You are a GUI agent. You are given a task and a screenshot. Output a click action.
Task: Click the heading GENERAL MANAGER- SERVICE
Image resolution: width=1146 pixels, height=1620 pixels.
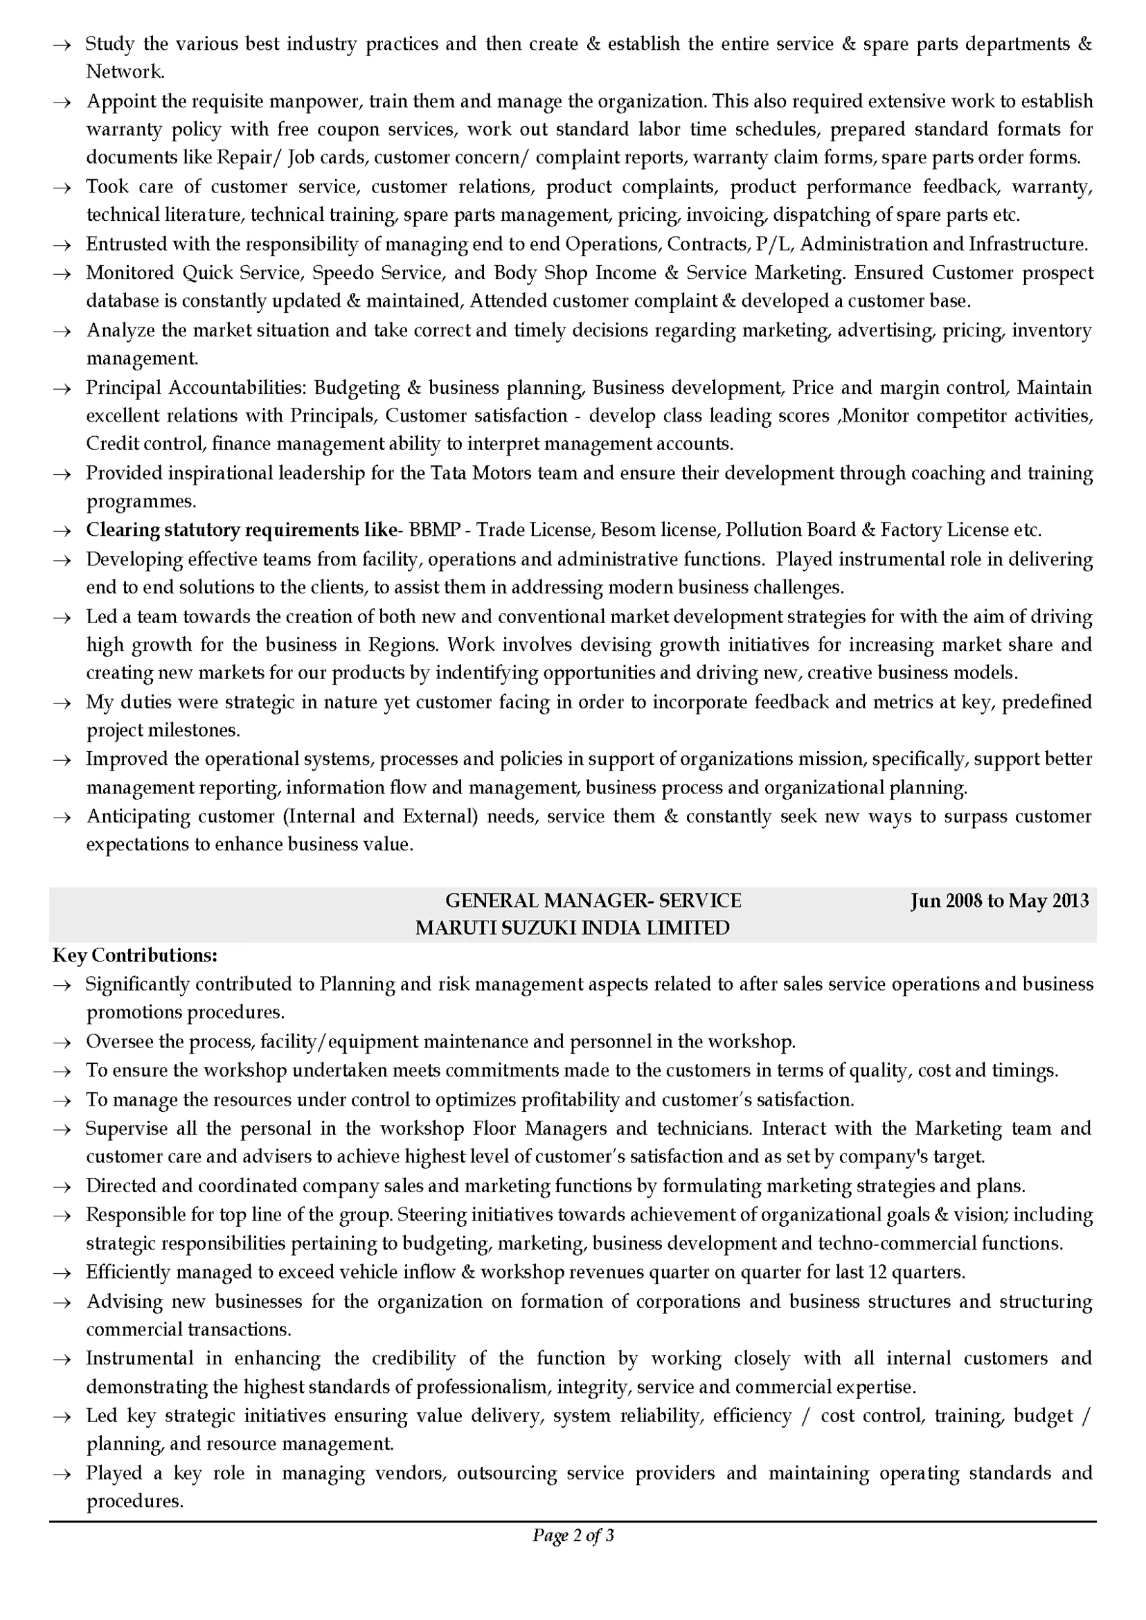(593, 900)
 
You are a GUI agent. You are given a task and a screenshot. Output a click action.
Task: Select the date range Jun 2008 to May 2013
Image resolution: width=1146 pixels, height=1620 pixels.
(999, 900)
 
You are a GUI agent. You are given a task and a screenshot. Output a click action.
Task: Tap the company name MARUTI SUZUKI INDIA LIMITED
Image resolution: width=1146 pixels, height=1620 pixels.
(572, 928)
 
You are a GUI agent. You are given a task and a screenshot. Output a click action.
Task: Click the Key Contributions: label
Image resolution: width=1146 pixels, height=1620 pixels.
(135, 955)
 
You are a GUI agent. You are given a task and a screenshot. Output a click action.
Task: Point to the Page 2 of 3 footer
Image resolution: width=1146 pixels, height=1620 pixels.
(573, 1536)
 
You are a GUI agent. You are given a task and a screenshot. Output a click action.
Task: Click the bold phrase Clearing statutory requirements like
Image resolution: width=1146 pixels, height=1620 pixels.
(242, 530)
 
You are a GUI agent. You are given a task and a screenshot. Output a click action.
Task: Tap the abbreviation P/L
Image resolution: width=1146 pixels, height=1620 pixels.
(773, 244)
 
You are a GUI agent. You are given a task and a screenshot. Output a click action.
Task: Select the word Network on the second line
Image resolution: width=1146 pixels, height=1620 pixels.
(124, 72)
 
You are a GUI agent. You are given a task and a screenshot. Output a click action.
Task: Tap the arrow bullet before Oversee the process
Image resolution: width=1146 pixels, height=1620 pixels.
(63, 1043)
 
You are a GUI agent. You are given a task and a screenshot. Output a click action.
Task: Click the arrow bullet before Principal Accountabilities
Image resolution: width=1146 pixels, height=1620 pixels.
(63, 389)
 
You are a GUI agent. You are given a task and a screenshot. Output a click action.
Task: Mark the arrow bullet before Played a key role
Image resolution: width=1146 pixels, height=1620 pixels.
(63, 1474)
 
